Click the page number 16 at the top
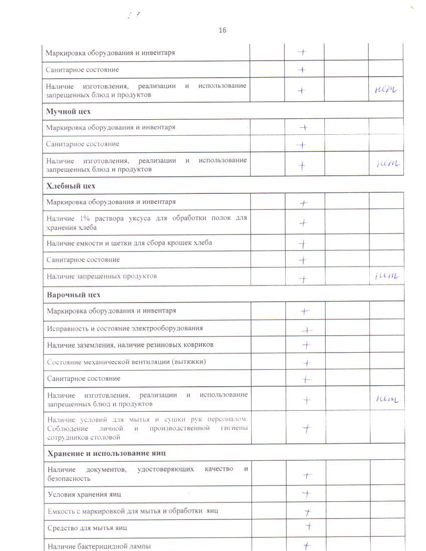223,30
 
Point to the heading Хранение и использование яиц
106,453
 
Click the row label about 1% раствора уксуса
147,222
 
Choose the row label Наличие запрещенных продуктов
102,276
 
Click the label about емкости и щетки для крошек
129,243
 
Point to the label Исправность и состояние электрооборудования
125,328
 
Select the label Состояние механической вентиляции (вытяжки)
126,362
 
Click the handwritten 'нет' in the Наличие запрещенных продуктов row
386,276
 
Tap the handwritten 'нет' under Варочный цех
387,399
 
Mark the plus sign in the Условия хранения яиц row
307,494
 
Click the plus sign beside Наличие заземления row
306,345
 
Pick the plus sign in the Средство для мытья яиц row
309,526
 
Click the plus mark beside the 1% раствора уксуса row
303,223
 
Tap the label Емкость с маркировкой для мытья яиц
132,511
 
